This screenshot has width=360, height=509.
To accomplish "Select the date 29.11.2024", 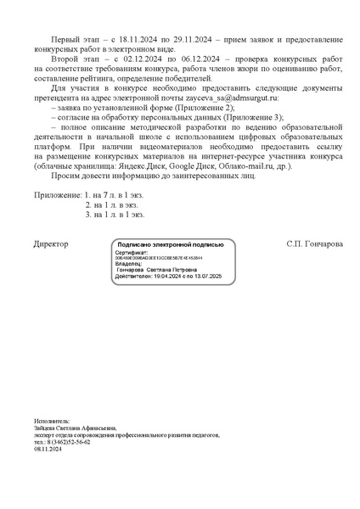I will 201,41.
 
